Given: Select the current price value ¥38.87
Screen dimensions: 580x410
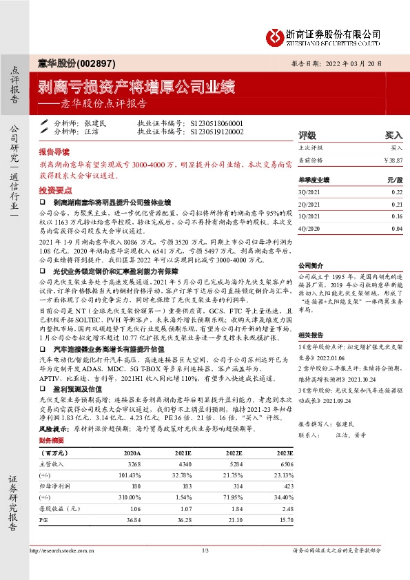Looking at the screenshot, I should [392, 159].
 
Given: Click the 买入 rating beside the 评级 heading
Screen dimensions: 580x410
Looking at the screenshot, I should [393, 135].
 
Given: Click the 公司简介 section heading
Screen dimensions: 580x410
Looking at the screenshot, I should [311, 265].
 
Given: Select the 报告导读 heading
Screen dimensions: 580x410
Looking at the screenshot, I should [54, 150].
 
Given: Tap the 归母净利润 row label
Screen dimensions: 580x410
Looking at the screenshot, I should [54, 485].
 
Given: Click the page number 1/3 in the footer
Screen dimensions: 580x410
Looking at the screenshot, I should [205, 550].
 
